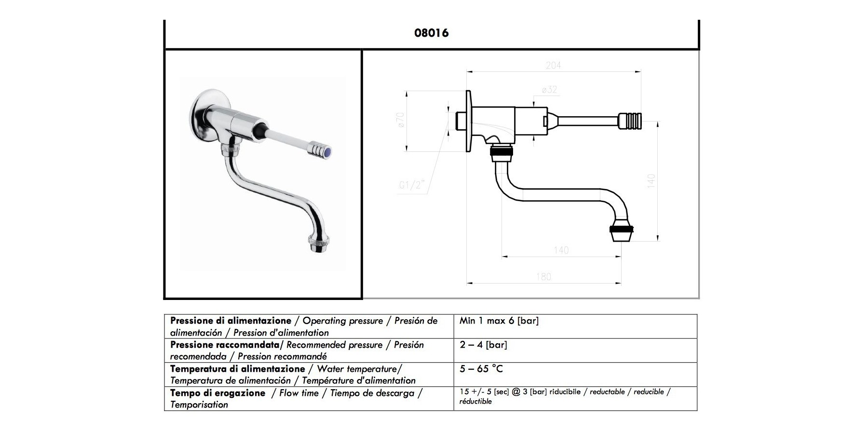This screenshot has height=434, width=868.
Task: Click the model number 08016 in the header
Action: pos(431,33)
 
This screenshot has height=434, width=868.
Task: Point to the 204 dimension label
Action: pos(553,65)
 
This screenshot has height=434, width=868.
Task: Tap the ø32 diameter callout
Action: pos(549,90)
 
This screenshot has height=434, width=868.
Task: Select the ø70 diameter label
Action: pos(400,120)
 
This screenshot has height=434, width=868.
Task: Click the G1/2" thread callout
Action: pos(411,185)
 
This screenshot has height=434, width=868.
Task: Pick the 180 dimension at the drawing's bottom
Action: pos(543,277)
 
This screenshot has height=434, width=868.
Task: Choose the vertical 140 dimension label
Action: pos(651,181)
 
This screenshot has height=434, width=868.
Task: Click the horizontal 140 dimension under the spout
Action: pos(561,250)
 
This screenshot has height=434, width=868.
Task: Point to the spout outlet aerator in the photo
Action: pos(319,243)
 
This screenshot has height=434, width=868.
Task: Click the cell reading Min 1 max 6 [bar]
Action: pos(499,321)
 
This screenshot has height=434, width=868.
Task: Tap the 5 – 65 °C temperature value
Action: pos(481,369)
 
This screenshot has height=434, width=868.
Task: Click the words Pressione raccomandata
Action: pos(224,345)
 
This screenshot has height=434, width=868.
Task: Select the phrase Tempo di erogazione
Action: pos(217,393)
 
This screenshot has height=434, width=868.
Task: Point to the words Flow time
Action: pos(298,393)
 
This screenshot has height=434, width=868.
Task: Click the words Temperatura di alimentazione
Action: pos(237,369)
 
